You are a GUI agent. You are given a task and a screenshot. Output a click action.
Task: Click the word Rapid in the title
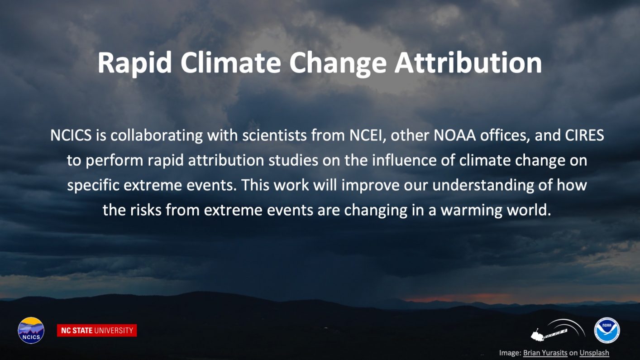[134, 63]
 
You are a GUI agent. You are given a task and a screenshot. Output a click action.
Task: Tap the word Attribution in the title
[468, 62]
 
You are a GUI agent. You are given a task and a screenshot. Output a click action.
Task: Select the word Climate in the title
[230, 62]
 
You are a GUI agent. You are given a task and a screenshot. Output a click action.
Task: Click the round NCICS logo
[31, 330]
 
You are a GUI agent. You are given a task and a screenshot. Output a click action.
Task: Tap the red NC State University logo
[97, 330]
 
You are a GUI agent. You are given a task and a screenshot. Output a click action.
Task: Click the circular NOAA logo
[607, 330]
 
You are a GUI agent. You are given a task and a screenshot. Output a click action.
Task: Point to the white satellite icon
[558, 331]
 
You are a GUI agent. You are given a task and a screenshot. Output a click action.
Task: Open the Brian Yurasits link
[545, 353]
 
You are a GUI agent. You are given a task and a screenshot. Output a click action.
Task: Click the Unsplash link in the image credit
[594, 353]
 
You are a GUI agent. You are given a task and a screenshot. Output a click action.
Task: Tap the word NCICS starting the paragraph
[71, 135]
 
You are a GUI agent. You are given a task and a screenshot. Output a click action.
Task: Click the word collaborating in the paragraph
[157, 136]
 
